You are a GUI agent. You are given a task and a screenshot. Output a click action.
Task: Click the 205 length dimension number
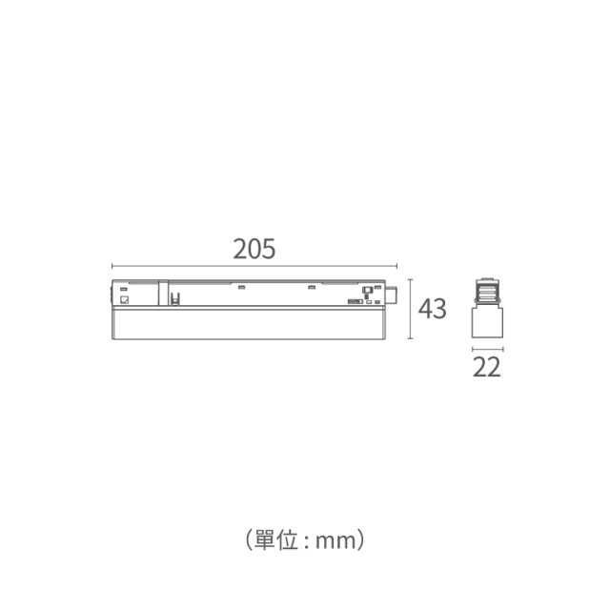tap(254, 249)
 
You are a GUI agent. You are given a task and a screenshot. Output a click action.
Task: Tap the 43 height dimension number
tap(432, 309)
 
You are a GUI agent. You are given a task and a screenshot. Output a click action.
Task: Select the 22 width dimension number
tap(487, 367)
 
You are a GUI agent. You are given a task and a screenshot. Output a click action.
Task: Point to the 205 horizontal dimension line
tap(254, 266)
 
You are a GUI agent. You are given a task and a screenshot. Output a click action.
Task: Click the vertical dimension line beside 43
tap(410, 309)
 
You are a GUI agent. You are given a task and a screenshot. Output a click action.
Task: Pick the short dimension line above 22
tap(487, 349)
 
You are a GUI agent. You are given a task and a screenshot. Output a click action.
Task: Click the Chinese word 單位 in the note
tap(276, 540)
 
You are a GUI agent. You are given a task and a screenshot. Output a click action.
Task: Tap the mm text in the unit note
tap(335, 541)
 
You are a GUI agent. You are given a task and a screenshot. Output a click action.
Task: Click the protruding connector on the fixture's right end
tap(391, 295)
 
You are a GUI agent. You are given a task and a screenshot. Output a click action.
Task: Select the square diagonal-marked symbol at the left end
tap(125, 300)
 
